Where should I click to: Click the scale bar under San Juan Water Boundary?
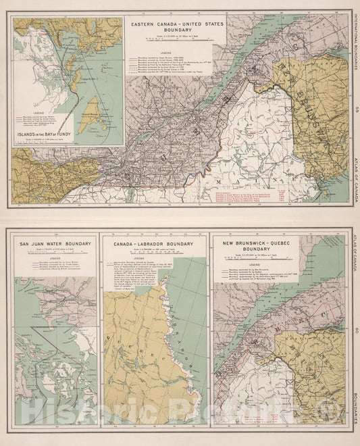pyautogui.click(x=47, y=255)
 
